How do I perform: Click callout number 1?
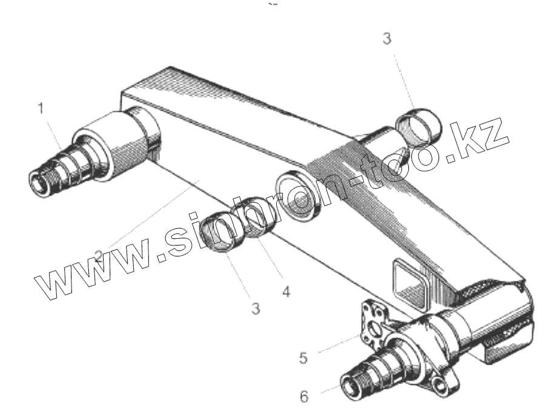pyautogui.click(x=41, y=109)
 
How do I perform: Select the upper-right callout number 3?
pyautogui.click(x=387, y=39)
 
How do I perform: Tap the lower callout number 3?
pyautogui.click(x=256, y=308)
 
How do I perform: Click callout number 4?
pyautogui.click(x=286, y=292)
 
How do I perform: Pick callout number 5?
pyautogui.click(x=304, y=357)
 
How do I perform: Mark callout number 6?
pyautogui.click(x=304, y=397)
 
